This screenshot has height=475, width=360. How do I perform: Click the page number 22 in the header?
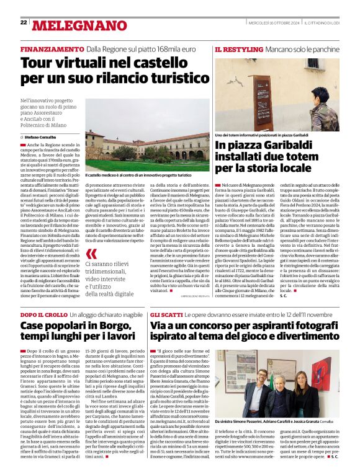(x=24, y=22)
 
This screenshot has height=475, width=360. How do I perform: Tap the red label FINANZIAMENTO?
(x=52, y=48)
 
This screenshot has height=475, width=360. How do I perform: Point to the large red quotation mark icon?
(x=92, y=254)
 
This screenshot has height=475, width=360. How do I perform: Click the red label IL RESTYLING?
(x=236, y=48)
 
